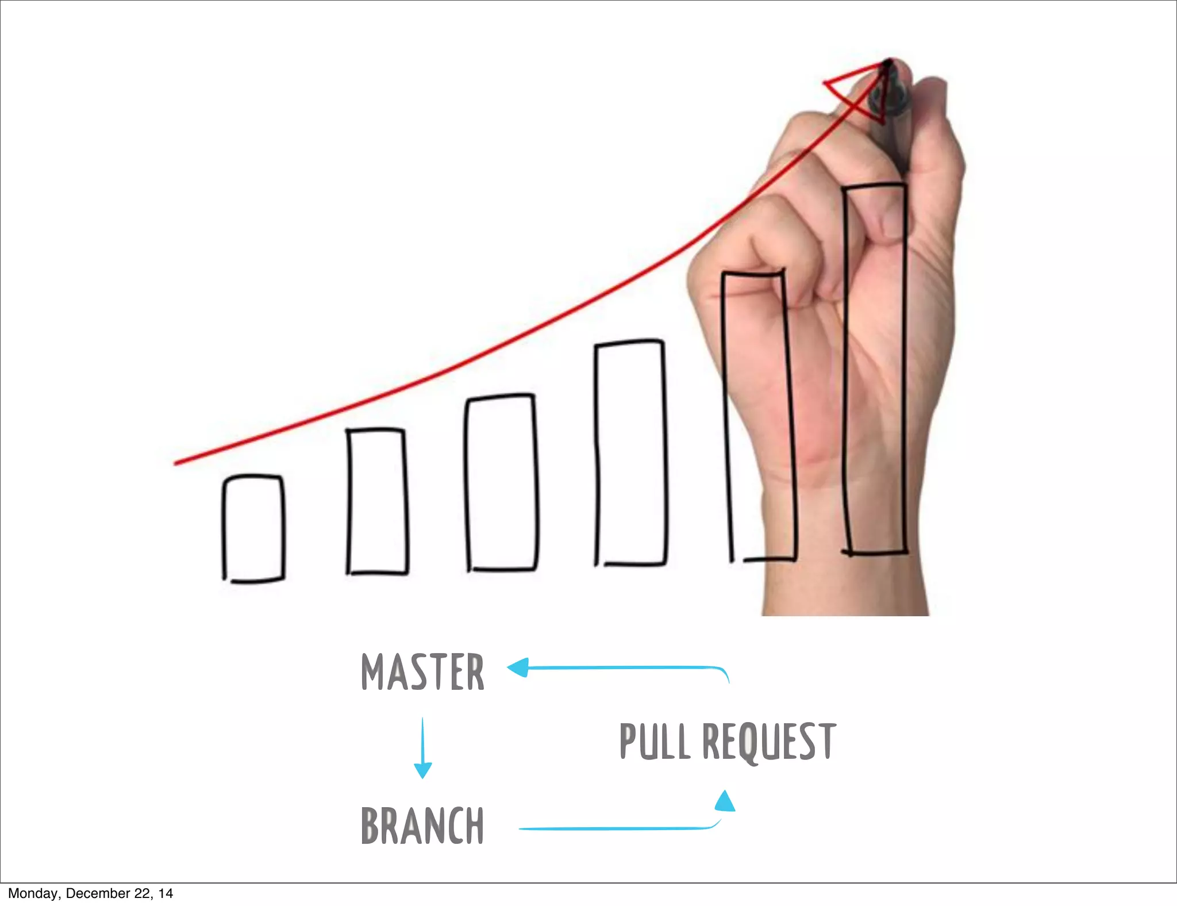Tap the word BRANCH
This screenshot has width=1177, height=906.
pyautogui.click(x=422, y=826)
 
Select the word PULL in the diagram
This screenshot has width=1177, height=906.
pyautogui.click(x=655, y=742)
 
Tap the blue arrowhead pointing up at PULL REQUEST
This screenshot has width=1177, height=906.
pyautogui.click(x=725, y=801)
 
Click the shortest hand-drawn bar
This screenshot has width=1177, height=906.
pyautogui.click(x=253, y=528)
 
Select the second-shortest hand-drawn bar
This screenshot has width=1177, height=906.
pyautogui.click(x=377, y=501)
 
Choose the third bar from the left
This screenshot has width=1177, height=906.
pyautogui.click(x=502, y=482)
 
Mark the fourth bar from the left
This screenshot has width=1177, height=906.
pyautogui.click(x=631, y=453)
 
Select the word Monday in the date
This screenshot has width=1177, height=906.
pyautogui.click(x=33, y=893)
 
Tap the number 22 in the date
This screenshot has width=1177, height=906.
pyautogui.click(x=143, y=893)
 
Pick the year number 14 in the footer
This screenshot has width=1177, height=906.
pyautogui.click(x=166, y=893)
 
